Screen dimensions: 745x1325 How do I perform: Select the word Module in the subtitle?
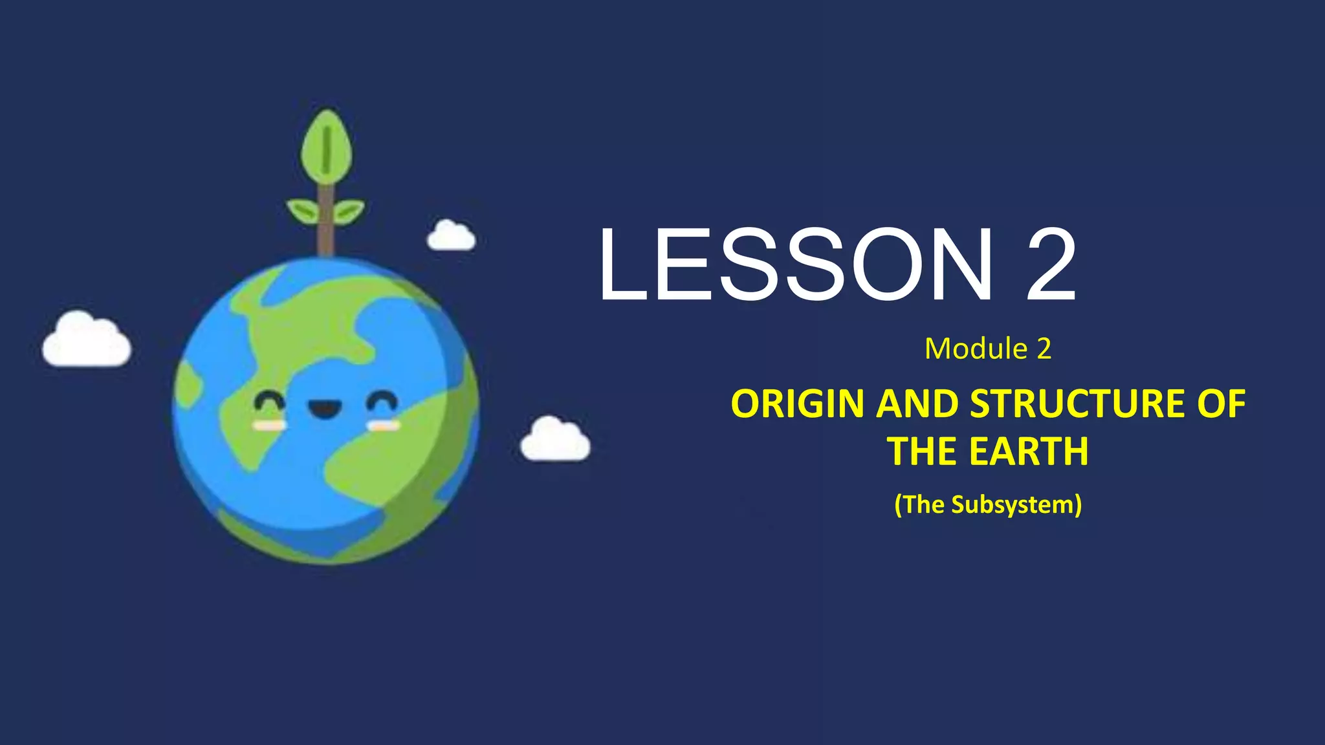976,349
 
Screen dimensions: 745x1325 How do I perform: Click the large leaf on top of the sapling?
327,147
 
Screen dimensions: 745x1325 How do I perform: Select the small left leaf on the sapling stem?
303,210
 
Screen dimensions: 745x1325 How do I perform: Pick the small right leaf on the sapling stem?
349,211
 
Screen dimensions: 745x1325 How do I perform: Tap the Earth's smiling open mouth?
325,409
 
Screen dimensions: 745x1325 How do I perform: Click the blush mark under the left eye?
268,426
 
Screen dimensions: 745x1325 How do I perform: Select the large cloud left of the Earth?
86,341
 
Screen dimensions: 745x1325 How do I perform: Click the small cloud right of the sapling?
451,237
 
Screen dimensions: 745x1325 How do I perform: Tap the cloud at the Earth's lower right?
555,441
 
